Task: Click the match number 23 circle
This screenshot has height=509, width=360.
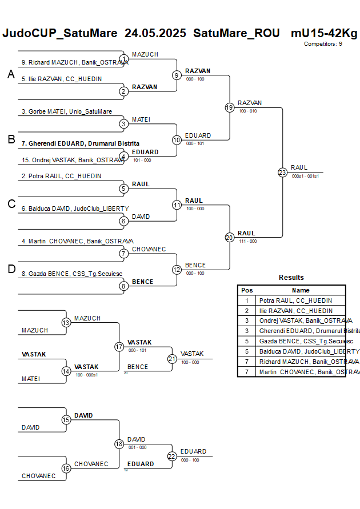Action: [282, 173]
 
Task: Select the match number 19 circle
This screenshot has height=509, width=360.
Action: [230, 107]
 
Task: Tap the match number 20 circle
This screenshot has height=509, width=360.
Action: [230, 237]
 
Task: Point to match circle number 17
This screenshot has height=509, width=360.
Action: [119, 347]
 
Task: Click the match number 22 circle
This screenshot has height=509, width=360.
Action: [172, 456]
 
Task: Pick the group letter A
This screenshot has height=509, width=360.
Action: [11, 74]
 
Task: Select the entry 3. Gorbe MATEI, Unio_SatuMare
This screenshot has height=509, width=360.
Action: [66, 111]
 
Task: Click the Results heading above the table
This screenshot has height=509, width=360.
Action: [291, 278]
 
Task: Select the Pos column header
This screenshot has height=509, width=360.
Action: [247, 290]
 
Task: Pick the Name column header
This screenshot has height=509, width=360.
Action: [301, 290]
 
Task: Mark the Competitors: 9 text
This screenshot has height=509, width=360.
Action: [323, 43]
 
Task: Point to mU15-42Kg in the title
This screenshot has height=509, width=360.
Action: [324, 33]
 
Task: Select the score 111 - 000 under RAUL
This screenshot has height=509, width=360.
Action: [248, 241]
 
